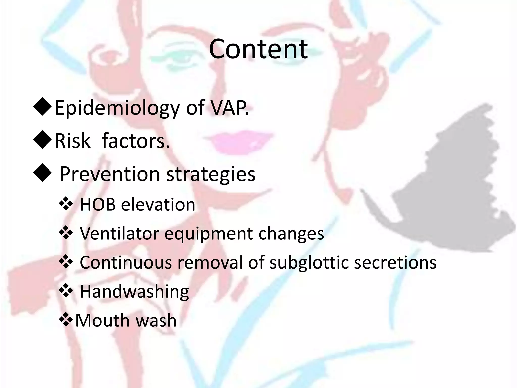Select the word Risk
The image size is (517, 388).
point(72,141)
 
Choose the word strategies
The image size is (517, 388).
point(211,174)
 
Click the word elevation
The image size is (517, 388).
point(158,204)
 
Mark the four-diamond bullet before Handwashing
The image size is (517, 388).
point(66,291)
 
